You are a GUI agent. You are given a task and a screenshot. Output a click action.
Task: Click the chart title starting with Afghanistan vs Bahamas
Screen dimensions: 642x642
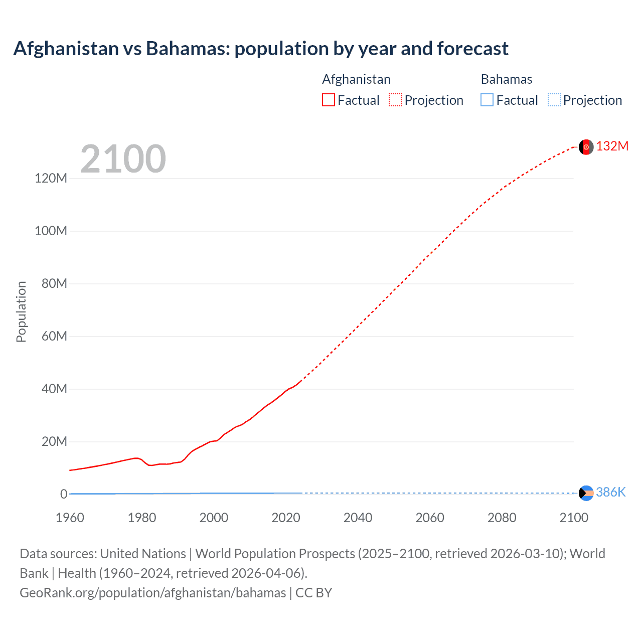point(261,49)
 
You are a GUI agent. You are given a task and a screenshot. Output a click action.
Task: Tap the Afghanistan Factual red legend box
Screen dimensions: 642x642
point(329,100)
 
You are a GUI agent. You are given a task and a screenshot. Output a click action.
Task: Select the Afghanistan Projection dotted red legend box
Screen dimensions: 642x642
point(395,100)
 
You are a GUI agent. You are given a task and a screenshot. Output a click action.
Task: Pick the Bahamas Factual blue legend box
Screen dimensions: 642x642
point(487,100)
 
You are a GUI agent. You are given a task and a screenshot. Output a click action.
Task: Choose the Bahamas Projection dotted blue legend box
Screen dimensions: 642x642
point(554,100)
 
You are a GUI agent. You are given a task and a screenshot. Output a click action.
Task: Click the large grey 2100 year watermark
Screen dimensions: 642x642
point(123,159)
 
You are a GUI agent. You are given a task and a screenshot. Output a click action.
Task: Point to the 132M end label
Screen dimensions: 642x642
point(612,146)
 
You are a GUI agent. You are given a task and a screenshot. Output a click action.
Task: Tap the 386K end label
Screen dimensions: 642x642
point(610,492)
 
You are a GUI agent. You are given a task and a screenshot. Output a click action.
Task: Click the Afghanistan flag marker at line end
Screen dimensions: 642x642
point(586,147)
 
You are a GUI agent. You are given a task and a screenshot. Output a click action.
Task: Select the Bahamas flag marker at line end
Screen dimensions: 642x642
point(586,493)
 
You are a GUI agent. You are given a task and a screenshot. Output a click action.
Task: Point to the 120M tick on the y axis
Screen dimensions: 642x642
point(51,178)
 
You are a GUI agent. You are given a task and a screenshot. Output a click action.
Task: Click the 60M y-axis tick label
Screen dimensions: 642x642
point(54,336)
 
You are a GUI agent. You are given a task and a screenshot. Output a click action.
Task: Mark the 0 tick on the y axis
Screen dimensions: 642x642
point(64,494)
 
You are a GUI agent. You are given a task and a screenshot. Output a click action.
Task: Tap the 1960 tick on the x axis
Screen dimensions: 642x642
point(70,518)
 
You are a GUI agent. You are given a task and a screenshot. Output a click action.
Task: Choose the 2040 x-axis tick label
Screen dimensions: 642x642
point(358,518)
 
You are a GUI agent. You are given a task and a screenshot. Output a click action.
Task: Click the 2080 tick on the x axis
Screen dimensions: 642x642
point(502,518)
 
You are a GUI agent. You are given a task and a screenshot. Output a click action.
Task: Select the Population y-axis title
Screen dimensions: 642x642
point(21,311)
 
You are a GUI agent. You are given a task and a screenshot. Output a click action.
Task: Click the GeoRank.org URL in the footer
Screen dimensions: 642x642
point(152,593)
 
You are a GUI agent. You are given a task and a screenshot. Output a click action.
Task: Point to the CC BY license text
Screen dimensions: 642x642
point(313,593)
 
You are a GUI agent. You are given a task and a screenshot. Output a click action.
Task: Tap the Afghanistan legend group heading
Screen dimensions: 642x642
point(356,79)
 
